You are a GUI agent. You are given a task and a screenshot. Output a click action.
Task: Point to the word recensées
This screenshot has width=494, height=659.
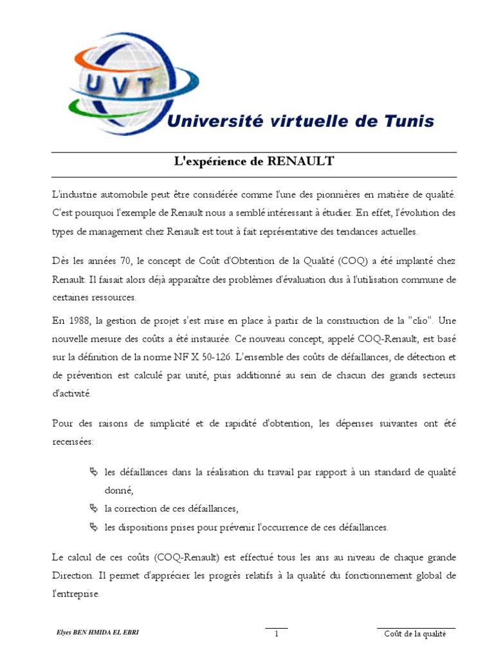tap(73, 441)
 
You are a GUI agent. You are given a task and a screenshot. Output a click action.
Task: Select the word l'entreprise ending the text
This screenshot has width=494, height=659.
tap(75, 593)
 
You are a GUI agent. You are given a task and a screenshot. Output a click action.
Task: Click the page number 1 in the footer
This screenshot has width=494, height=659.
tap(276, 634)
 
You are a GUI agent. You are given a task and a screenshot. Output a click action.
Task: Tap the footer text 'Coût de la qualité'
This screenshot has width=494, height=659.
tap(416, 634)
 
